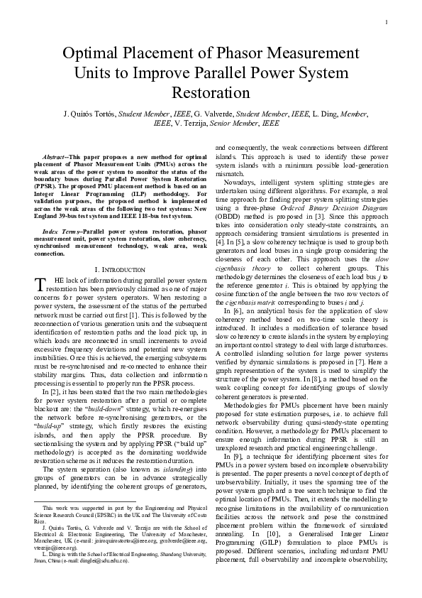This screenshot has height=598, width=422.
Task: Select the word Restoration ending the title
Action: (211, 92)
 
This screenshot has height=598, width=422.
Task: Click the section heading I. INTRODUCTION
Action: (121, 270)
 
